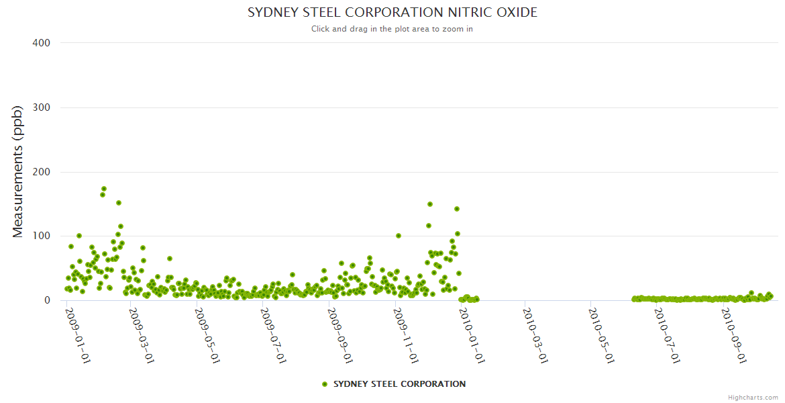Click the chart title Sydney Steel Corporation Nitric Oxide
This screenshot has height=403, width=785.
(392, 13)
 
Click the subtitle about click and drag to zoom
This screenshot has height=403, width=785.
(392, 29)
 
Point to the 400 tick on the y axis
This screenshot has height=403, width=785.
(42, 43)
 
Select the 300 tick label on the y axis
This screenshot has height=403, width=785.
(42, 107)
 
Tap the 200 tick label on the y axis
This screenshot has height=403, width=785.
(42, 172)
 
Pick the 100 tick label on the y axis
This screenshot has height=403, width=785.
(42, 236)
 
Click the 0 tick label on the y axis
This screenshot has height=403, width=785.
(47, 300)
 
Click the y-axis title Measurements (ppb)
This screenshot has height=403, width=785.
(19, 171)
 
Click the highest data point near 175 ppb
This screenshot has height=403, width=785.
(104, 189)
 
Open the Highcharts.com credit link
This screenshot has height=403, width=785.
(753, 397)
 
